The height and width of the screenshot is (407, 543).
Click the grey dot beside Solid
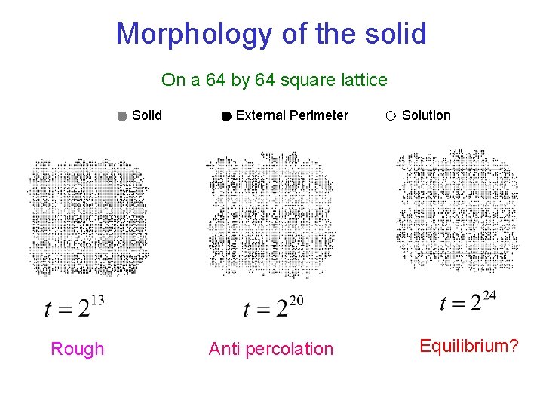point(122,116)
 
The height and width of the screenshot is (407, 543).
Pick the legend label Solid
point(146,115)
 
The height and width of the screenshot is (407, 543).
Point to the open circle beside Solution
point(390,116)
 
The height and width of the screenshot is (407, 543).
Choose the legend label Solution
point(426,115)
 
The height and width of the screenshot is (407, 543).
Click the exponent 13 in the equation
point(97,301)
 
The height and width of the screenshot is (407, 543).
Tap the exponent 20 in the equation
point(296,301)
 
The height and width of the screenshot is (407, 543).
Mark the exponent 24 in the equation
point(489,295)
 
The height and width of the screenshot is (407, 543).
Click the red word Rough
point(77,349)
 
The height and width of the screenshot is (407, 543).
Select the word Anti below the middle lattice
point(224,349)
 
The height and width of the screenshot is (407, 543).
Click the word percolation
point(288,349)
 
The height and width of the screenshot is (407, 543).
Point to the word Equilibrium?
point(468,346)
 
